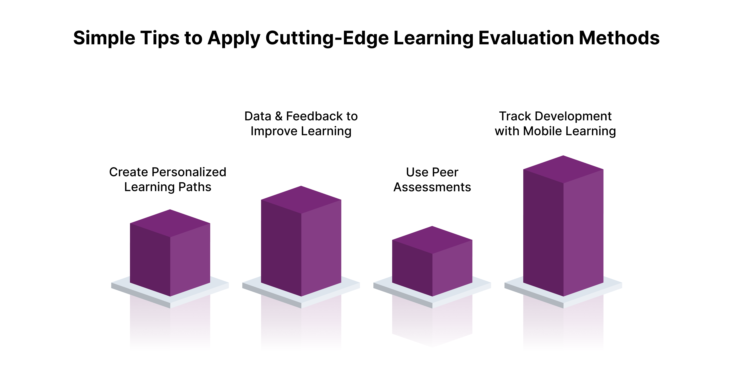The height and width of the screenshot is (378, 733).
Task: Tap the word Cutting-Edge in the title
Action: (327, 38)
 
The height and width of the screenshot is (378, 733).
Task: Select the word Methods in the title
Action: (619, 38)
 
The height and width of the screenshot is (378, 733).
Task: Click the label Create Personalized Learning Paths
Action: (168, 180)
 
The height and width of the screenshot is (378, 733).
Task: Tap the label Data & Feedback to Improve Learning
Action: (301, 124)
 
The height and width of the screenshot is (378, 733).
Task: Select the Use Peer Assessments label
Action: (432, 180)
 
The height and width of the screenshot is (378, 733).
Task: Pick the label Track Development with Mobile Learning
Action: (555, 124)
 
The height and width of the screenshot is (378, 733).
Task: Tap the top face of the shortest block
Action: (432, 240)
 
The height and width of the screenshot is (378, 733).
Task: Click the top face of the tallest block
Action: (563, 169)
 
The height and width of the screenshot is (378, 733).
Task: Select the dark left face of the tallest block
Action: (543, 233)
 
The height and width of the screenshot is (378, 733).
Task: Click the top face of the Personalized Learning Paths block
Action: (170, 223)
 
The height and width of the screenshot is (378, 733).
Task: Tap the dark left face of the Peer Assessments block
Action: (412, 267)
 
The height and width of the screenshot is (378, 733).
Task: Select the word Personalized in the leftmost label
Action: (189, 172)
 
